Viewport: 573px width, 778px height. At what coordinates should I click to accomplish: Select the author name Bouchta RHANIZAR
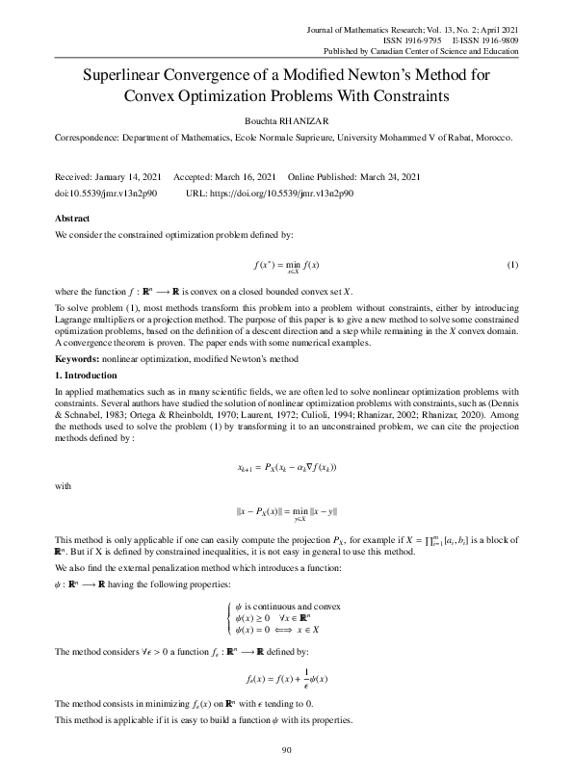(x=286, y=121)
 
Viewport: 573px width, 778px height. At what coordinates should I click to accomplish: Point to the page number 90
(x=286, y=750)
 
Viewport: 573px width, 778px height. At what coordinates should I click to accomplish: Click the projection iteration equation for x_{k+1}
(x=286, y=468)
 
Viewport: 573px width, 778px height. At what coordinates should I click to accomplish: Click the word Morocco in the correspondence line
(x=490, y=139)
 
